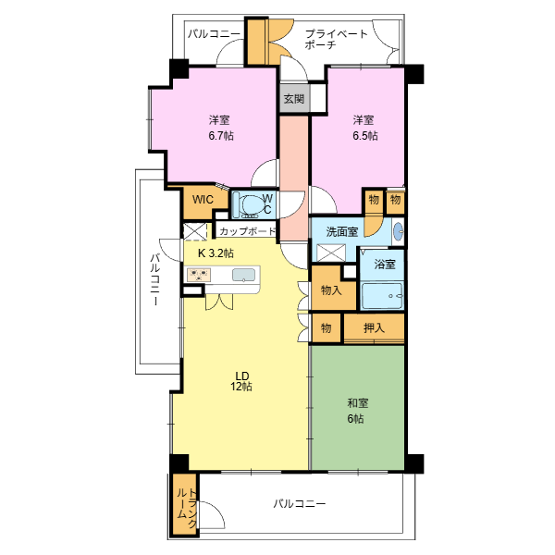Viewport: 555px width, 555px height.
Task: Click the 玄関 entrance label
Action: click(x=294, y=99)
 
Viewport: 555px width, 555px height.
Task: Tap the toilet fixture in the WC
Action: click(x=251, y=205)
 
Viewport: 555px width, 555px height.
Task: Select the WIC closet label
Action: click(x=203, y=200)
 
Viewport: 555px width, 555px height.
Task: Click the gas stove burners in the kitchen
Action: click(x=199, y=275)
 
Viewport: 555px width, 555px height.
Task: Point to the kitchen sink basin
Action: click(x=243, y=275)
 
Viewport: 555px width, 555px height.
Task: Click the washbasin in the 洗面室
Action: click(x=399, y=231)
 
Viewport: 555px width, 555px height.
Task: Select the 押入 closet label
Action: click(x=374, y=328)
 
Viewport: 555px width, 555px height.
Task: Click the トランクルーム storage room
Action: click(x=184, y=504)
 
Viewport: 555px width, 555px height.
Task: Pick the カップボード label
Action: click(x=247, y=231)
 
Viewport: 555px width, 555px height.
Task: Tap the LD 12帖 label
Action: click(x=241, y=381)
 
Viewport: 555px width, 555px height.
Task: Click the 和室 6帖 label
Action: click(x=357, y=411)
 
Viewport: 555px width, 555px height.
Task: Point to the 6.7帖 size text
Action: click(x=221, y=136)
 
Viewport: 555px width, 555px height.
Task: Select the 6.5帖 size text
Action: click(x=365, y=136)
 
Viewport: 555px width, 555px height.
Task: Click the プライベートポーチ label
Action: click(x=337, y=39)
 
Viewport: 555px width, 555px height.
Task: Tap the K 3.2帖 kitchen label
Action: click(x=216, y=253)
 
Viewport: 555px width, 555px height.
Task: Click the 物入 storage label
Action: click(x=331, y=290)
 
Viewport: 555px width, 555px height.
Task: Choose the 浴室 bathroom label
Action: click(x=385, y=264)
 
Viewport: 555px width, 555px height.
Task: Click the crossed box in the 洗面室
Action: click(x=331, y=253)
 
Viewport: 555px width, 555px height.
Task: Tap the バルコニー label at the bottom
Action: click(x=300, y=504)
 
